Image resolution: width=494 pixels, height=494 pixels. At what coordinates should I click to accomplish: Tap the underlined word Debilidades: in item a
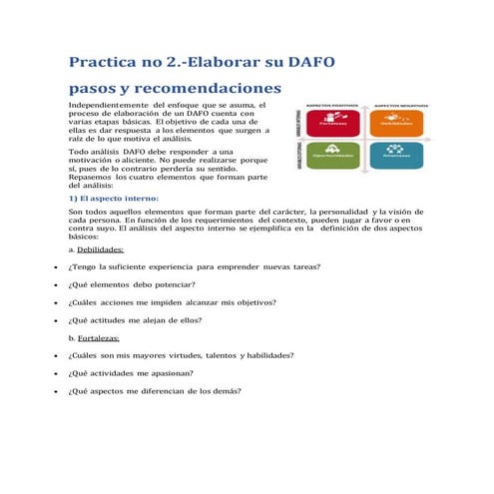tap(102, 250)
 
